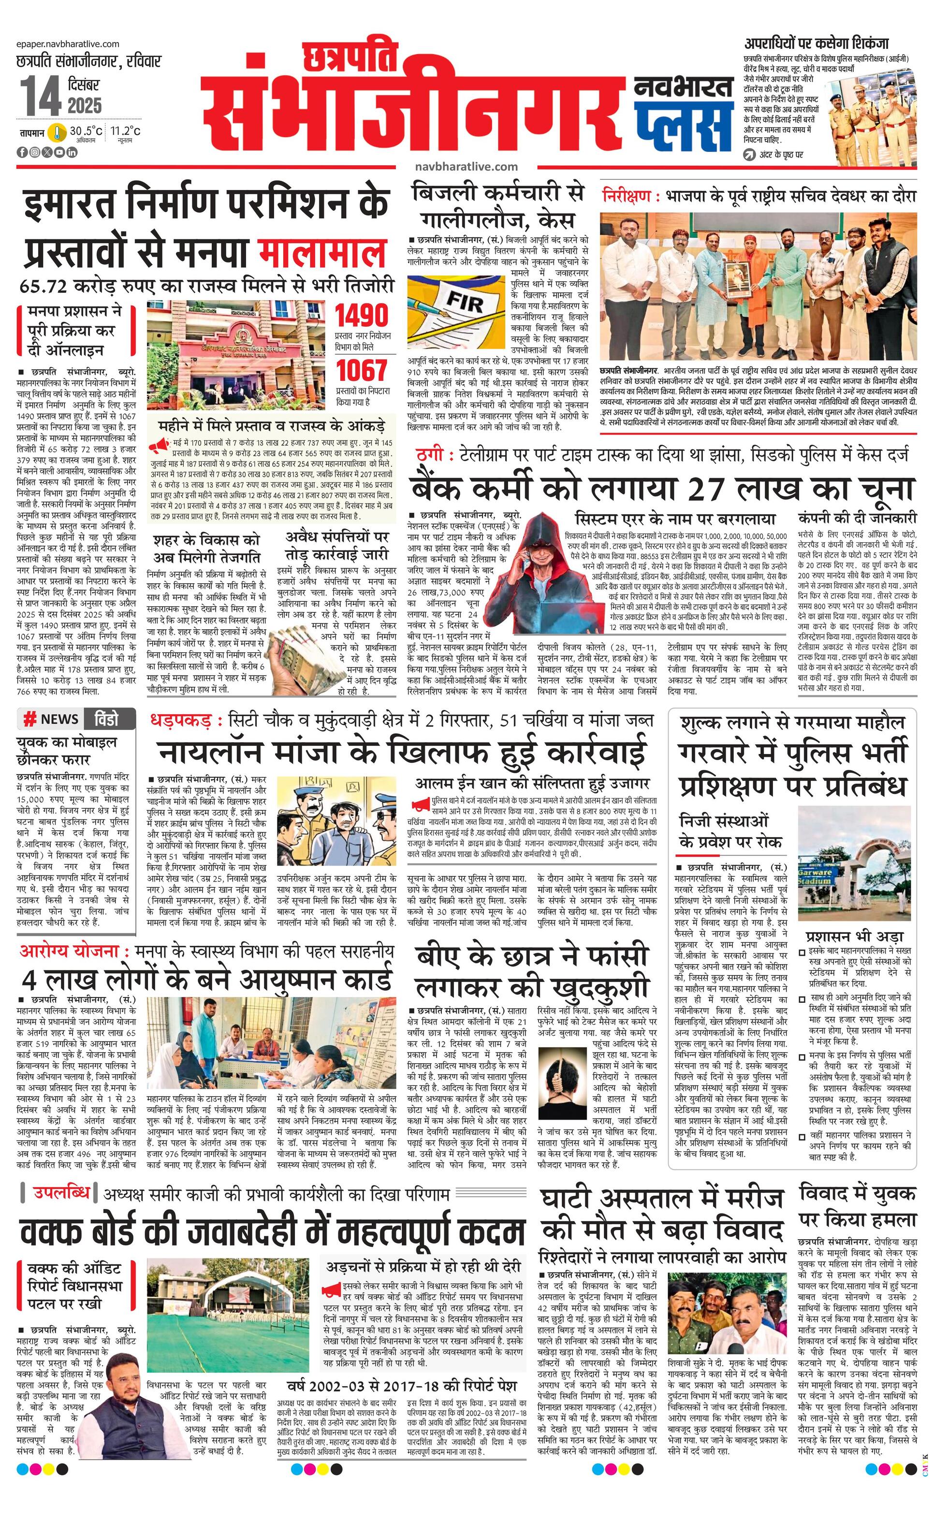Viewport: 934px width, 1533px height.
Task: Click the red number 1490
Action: click(x=362, y=316)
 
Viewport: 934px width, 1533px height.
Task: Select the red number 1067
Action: click(x=362, y=372)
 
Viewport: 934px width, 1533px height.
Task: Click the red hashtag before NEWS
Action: click(x=29, y=720)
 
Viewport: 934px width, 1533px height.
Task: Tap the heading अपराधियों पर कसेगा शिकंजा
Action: click(x=817, y=44)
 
